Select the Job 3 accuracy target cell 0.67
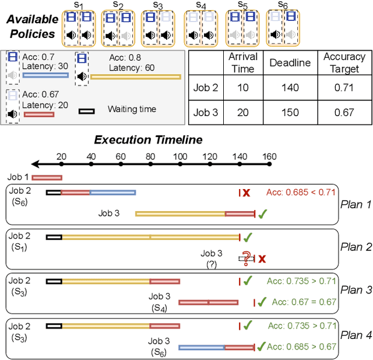point(344,113)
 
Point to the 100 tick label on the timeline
point(181,156)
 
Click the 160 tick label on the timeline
point(269,156)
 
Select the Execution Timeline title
point(149,140)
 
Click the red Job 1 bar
point(47,177)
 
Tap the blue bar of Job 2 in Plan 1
point(112,192)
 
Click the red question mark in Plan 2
point(247,257)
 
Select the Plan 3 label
point(356,290)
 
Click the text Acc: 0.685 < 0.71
point(301,192)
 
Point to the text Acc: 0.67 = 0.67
point(304,302)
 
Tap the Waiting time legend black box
point(87,110)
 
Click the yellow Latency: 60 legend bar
point(136,76)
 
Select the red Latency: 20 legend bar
point(38,114)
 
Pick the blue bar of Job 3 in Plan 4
point(202,347)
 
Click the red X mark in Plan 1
point(247,193)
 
